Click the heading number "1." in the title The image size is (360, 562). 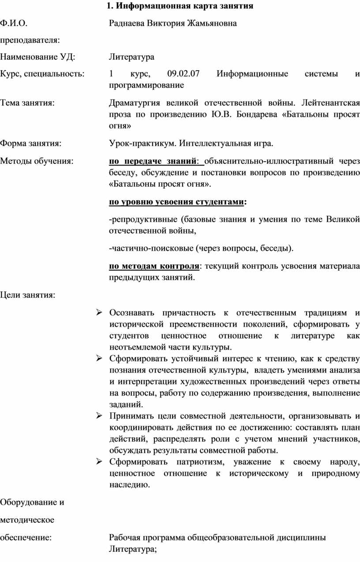(110, 6)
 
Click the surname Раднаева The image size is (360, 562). (127, 23)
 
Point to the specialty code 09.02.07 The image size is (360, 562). (184, 74)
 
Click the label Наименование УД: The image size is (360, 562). (37, 57)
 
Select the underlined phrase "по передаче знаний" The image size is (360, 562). (153, 161)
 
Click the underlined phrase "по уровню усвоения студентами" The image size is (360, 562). (176, 203)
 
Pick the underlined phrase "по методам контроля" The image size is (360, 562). (154, 267)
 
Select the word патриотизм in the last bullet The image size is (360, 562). (199, 462)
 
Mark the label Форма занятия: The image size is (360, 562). (30, 143)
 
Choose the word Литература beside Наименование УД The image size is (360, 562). (131, 57)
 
